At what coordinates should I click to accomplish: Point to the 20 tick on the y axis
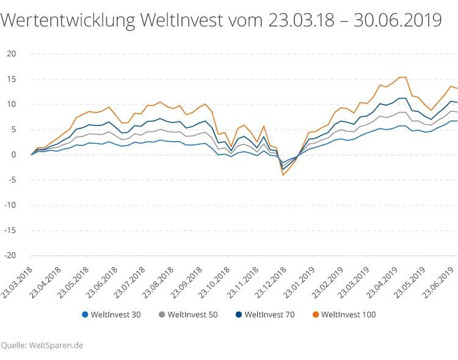pyautogui.click(x=10, y=54)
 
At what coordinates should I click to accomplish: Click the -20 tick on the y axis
pyautogui.click(x=9, y=255)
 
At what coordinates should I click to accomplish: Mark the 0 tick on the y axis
pyautogui.click(x=13, y=155)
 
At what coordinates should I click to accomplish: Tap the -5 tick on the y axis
pyautogui.click(x=11, y=180)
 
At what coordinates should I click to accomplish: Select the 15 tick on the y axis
pyautogui.click(x=10, y=79)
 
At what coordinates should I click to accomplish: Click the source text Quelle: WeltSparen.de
pyautogui.click(x=42, y=345)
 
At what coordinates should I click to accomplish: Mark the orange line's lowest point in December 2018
pyautogui.click(x=283, y=175)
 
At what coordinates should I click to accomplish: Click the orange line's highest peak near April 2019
pyautogui.click(x=405, y=77)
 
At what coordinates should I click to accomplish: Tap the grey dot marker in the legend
pyautogui.click(x=161, y=315)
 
